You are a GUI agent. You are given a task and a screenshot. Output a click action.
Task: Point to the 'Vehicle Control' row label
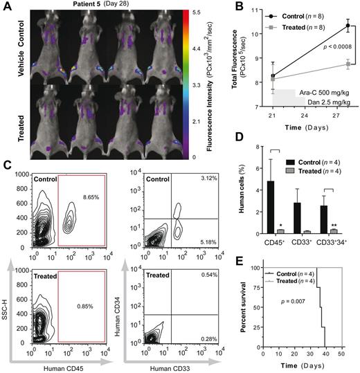point(10,48)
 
